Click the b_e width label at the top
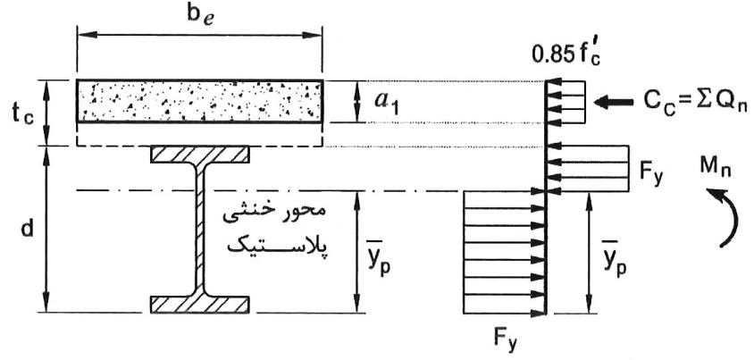tap(200, 15)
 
